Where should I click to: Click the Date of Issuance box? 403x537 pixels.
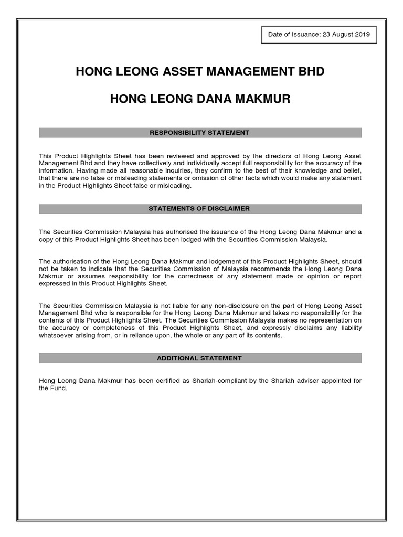tap(319, 35)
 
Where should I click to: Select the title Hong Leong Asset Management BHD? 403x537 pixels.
tap(200, 71)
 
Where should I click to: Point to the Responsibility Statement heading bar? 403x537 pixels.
tap(200, 133)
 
